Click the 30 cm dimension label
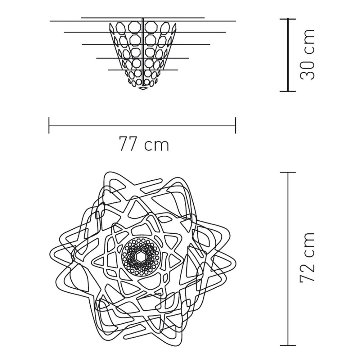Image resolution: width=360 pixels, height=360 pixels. pos(307,55)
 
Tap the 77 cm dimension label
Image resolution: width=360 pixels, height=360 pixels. pos(144,144)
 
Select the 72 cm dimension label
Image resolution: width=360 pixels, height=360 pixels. pos(307,257)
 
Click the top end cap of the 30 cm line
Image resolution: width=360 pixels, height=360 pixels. pos(288,19)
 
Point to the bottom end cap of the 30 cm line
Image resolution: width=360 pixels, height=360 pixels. pos(288,91)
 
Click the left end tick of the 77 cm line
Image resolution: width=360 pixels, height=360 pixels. pos(49,125)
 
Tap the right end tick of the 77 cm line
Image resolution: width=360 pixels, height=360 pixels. pos(236,125)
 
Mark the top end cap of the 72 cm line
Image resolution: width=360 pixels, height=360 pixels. pos(288,172)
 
